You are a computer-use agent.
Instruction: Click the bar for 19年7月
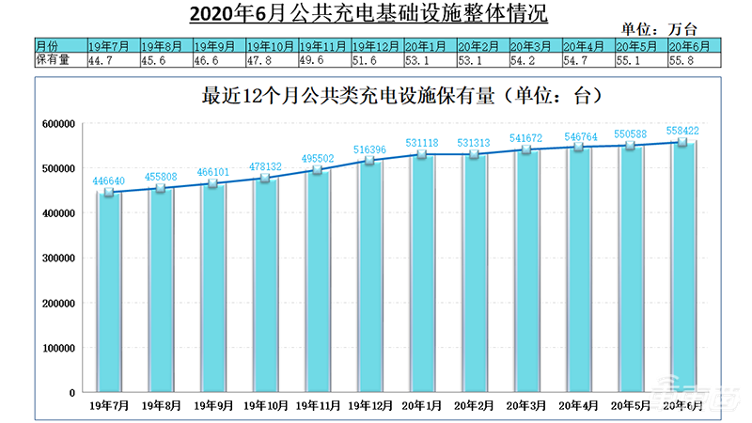110,291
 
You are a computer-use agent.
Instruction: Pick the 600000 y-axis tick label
58,124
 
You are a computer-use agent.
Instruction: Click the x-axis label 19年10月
267,405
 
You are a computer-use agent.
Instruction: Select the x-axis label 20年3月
528,405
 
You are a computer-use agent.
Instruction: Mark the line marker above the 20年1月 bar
423,154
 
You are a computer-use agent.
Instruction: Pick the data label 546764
579,138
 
